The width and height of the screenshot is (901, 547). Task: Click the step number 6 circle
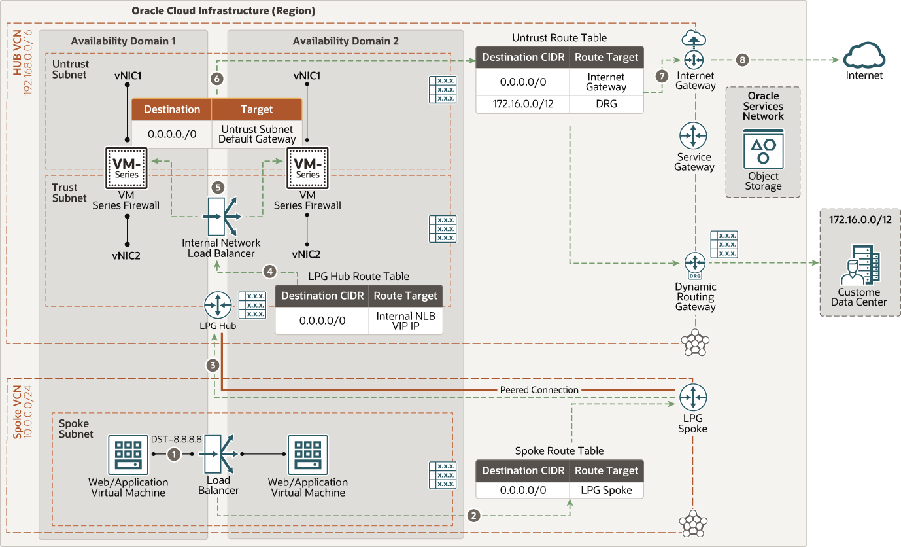(x=217, y=79)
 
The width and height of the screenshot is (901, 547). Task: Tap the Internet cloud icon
(x=864, y=56)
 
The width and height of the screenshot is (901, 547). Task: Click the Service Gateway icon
(x=693, y=135)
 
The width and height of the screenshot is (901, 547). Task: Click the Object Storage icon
(x=762, y=150)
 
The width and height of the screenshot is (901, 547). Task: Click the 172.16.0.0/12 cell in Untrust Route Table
(x=522, y=104)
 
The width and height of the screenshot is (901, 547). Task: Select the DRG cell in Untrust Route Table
(x=606, y=104)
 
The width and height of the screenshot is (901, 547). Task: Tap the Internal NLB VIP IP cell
(x=405, y=321)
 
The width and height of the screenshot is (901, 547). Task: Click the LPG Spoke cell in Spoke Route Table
(x=606, y=490)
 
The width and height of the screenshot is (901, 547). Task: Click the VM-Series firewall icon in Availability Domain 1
(x=126, y=166)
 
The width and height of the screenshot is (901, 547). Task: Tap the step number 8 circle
(x=741, y=60)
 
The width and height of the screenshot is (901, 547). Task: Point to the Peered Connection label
(x=539, y=390)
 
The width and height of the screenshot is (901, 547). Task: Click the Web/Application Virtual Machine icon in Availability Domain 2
(x=307, y=455)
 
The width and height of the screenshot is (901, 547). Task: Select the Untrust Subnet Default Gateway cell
(x=257, y=134)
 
